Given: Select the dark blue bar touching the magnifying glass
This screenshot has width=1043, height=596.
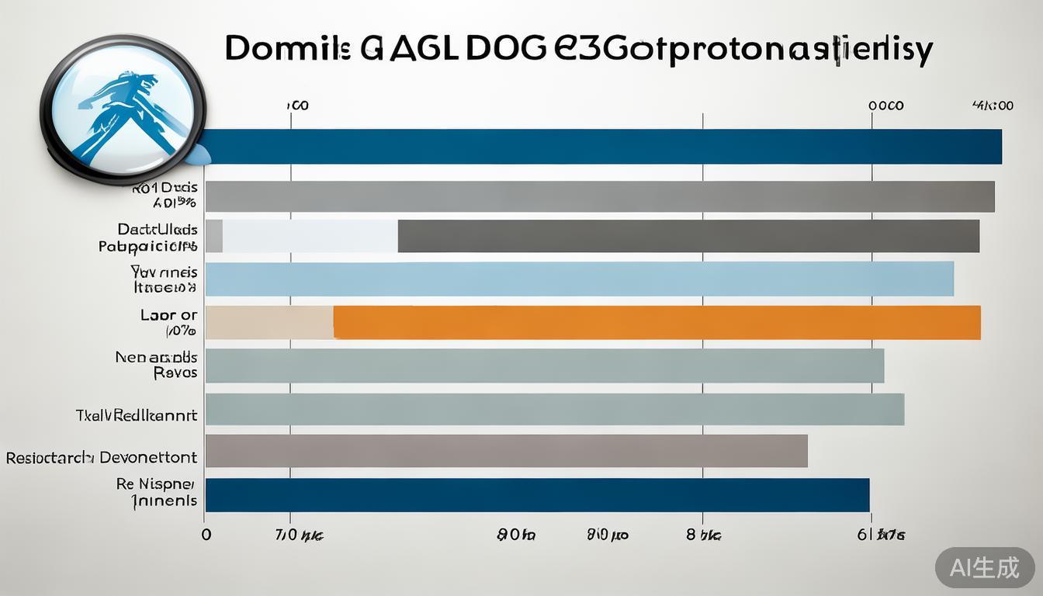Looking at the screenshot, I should pos(605,147).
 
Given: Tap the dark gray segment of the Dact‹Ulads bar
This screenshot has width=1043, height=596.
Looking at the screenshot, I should pos(688,236).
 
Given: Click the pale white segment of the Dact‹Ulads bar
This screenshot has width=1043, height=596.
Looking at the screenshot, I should pos(310,236).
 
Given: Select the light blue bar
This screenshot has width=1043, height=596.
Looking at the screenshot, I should pos(579,279).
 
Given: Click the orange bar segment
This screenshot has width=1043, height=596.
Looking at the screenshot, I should pos(657,322).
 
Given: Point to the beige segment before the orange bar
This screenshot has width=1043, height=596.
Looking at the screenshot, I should pos(269,322).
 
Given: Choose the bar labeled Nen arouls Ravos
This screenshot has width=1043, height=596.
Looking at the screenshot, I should pos(544,366).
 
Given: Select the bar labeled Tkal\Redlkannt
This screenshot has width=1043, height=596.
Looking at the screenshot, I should pos(554,409).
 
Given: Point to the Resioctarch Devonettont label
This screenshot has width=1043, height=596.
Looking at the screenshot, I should pos(102,458).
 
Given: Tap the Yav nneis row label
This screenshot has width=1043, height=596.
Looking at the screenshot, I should pos(165,279).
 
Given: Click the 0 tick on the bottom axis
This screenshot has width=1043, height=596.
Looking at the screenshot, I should pos(206,535).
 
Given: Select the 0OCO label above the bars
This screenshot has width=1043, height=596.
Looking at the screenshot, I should pos(885,106).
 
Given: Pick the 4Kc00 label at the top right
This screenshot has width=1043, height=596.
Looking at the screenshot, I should pos(993,106).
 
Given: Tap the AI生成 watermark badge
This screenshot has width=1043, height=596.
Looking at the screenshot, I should pos(985,568).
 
